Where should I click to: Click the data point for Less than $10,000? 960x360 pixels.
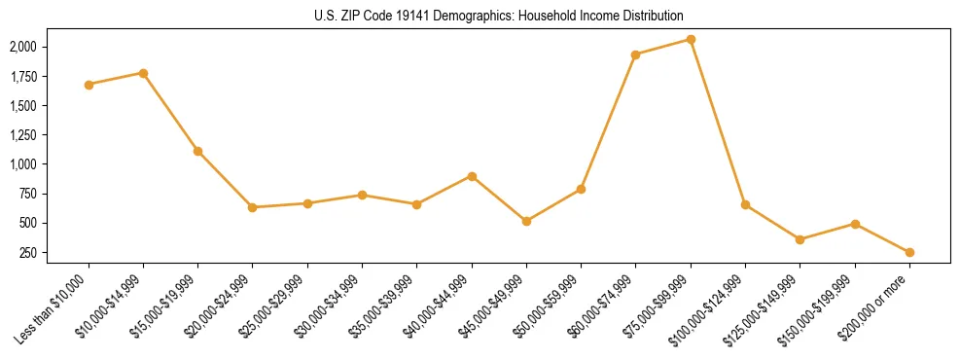tap(89, 85)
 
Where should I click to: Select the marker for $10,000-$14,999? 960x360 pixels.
tap(143, 73)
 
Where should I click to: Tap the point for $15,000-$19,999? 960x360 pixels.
tap(197, 151)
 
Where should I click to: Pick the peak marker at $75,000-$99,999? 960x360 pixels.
tap(691, 39)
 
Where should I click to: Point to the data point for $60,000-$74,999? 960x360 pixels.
tap(635, 54)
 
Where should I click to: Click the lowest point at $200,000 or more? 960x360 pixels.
tap(909, 252)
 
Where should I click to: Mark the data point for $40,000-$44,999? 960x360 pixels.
tap(472, 176)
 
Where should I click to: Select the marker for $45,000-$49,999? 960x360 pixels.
tap(526, 221)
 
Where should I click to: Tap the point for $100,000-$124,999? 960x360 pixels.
tap(745, 204)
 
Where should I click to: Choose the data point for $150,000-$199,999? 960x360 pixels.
tap(855, 224)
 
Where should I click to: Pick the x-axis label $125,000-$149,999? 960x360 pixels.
tap(769, 306)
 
